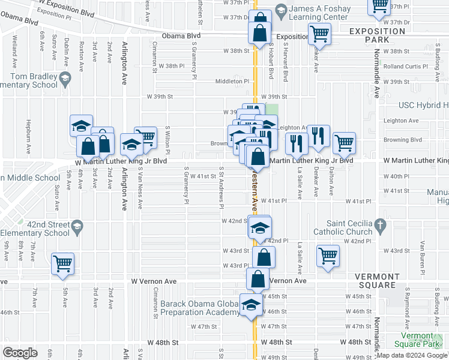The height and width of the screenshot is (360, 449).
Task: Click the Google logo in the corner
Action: [20, 353]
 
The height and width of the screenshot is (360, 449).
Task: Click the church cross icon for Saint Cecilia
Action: [379, 225]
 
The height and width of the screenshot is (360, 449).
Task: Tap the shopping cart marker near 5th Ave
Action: [62, 263]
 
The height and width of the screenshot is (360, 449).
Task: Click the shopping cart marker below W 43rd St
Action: [328, 256]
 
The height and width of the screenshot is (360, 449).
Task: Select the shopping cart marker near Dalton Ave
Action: [344, 142]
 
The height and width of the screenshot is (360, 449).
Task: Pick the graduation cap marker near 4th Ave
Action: [81, 125]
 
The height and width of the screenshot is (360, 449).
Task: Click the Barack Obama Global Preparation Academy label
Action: [200, 308]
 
